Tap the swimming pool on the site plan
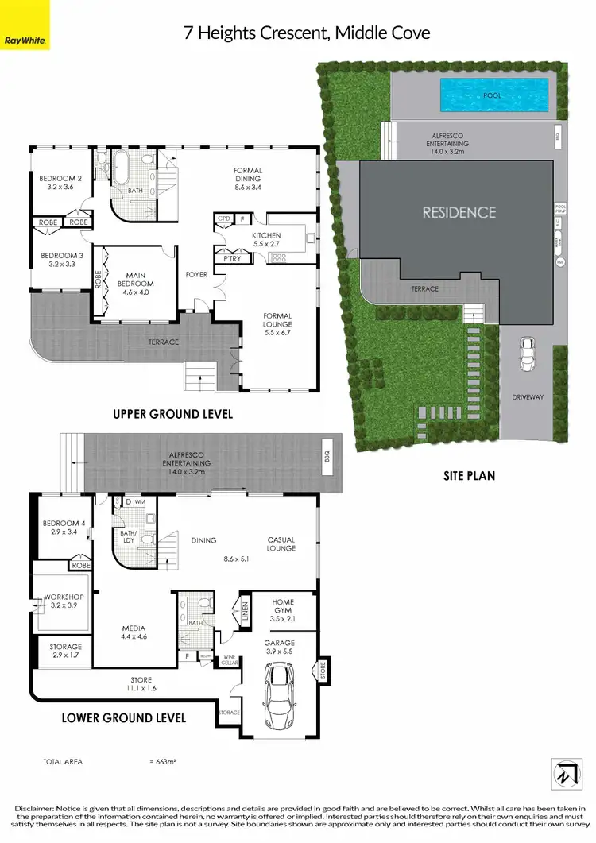[x=493, y=95]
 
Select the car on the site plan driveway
[x=526, y=354]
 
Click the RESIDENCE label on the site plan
[x=459, y=212]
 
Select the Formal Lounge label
[x=277, y=320]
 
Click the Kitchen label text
[x=266, y=236]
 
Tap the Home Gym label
[x=283, y=607]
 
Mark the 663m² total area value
[x=162, y=761]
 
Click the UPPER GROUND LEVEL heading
[x=172, y=414]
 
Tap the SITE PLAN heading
[x=469, y=476]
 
